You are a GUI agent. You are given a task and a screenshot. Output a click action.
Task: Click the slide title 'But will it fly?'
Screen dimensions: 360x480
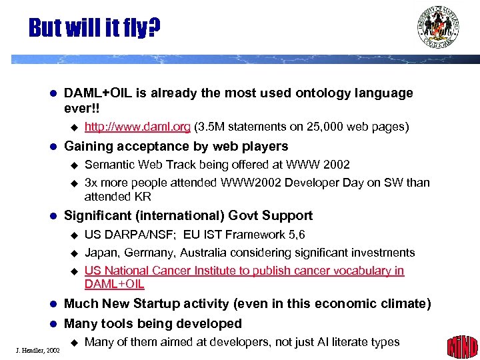tap(94, 28)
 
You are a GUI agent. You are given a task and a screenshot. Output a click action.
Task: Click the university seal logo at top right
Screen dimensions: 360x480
tap(438, 27)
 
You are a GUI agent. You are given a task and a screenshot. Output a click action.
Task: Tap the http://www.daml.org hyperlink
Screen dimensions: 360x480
tap(137, 127)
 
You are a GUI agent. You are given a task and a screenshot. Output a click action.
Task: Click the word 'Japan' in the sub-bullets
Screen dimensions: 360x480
tap(101, 253)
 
